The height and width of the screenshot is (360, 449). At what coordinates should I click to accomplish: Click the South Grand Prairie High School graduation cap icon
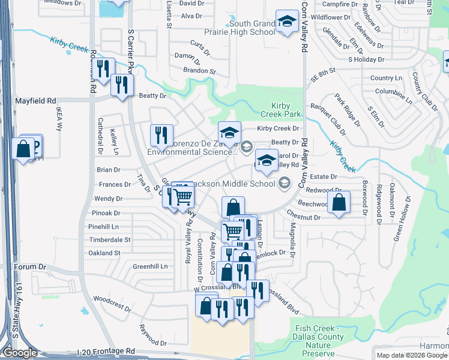click(x=287, y=22)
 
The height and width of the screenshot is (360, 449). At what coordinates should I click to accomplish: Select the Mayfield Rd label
click(x=35, y=100)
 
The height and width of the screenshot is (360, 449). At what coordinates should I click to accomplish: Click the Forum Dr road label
click(x=31, y=266)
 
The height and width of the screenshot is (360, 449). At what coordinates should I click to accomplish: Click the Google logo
click(x=20, y=353)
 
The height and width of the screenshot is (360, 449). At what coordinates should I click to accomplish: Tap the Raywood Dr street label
click(x=153, y=335)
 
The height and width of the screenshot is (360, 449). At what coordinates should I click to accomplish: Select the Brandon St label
click(x=200, y=71)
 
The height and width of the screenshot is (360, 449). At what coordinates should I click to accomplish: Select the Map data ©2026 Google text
click(x=411, y=355)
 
